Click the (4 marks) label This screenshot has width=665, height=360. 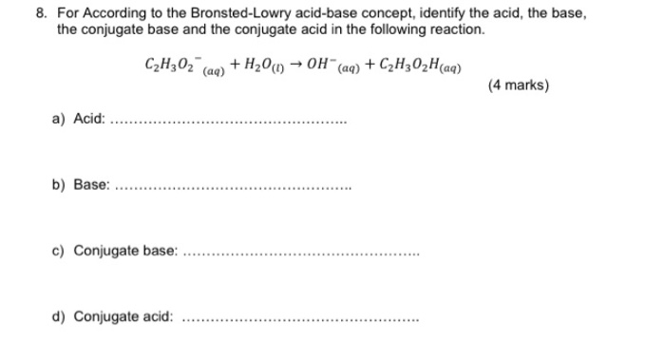(x=518, y=86)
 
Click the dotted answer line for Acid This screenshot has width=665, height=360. (x=229, y=123)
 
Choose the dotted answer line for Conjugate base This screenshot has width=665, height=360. (x=299, y=254)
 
